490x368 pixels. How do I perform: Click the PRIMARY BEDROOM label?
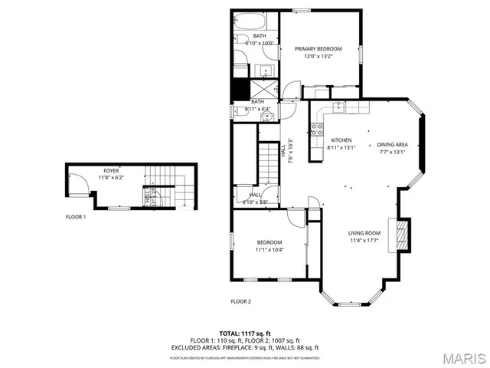click(318, 49)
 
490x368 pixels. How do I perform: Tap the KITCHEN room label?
click(341, 140)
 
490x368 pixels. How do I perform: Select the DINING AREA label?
click(392, 144)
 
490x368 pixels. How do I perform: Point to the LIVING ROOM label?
click(364, 233)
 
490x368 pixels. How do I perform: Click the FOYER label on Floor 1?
click(111, 170)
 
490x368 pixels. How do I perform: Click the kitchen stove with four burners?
click(315, 128)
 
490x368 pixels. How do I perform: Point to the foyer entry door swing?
click(77, 183)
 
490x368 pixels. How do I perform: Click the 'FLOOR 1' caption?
click(75, 217)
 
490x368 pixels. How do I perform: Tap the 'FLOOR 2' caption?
click(240, 301)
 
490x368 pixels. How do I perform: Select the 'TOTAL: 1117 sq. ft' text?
click(244, 333)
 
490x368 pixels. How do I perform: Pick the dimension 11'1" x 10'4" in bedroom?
click(269, 250)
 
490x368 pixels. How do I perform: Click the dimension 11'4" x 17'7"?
click(364, 241)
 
